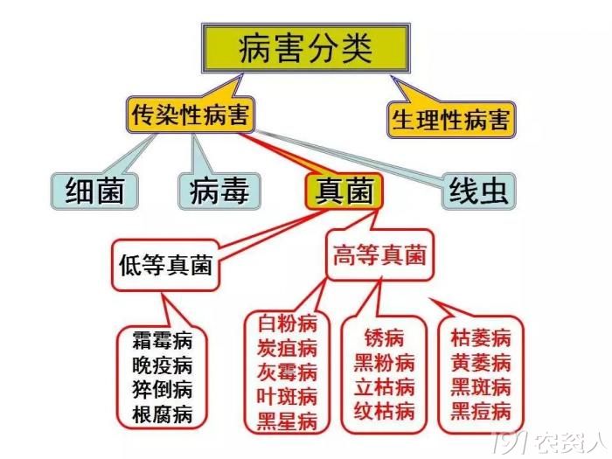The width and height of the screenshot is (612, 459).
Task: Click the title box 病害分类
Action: tap(306, 48)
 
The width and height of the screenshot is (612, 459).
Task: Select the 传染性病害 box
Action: tap(191, 115)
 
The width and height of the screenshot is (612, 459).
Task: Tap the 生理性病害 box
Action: tap(451, 120)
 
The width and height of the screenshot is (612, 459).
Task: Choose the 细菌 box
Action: tap(94, 191)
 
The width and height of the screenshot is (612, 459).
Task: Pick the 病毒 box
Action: tap(219, 191)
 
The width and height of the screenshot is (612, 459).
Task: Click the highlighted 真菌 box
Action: tap(344, 191)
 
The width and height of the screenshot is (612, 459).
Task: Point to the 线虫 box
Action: tap(478, 191)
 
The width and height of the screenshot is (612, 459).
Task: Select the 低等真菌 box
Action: tap(165, 265)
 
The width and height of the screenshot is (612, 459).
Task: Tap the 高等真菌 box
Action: tap(379, 255)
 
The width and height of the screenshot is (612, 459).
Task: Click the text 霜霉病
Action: tap(163, 340)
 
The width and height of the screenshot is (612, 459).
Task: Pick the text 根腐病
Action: tap(163, 414)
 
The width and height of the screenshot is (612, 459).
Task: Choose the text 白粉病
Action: tap(287, 323)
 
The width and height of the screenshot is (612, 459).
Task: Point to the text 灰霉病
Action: tap(287, 372)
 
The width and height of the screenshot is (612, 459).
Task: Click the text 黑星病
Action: tap(287, 421)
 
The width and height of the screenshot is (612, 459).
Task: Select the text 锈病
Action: tap(384, 338)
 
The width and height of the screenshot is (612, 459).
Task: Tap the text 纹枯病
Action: tap(384, 412)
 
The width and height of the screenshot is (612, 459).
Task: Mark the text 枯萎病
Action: tap(481, 338)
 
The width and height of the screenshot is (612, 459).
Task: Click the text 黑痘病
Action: tap(481, 412)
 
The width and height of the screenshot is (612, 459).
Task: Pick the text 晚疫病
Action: tap(163, 365)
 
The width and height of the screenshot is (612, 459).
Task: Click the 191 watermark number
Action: tap(511, 443)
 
